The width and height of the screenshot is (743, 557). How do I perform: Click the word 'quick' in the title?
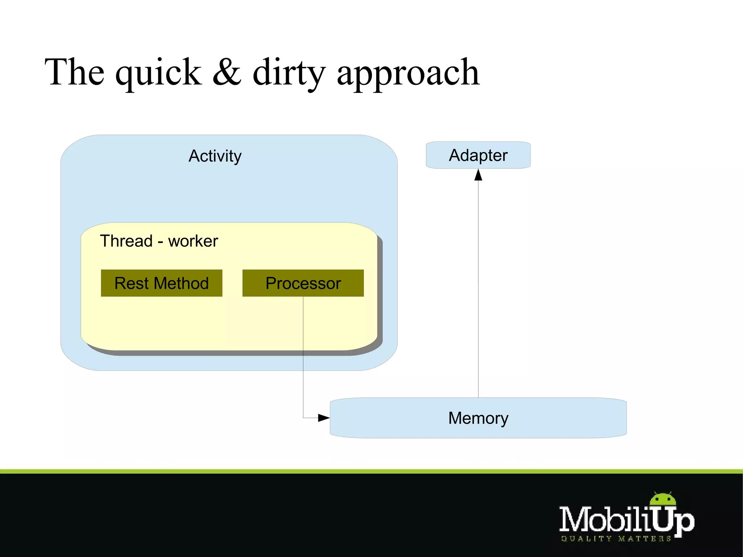(158, 73)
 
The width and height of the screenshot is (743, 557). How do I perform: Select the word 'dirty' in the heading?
(289, 73)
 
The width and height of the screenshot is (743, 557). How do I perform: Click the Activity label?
(215, 156)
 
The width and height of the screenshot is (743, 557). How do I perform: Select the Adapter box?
(478, 155)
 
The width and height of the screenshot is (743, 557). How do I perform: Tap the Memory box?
(478, 418)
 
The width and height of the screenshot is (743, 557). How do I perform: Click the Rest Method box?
(161, 283)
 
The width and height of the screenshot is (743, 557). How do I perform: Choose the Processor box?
(303, 283)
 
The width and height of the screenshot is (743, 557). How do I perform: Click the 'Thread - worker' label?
(159, 241)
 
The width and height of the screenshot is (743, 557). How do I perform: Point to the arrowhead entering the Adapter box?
(478, 175)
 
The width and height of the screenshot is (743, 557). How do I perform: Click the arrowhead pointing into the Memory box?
(324, 418)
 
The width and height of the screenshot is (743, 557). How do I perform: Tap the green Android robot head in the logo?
(663, 499)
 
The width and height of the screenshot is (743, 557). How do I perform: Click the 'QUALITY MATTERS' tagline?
(616, 539)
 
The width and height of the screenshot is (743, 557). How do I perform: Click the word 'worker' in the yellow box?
(193, 241)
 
